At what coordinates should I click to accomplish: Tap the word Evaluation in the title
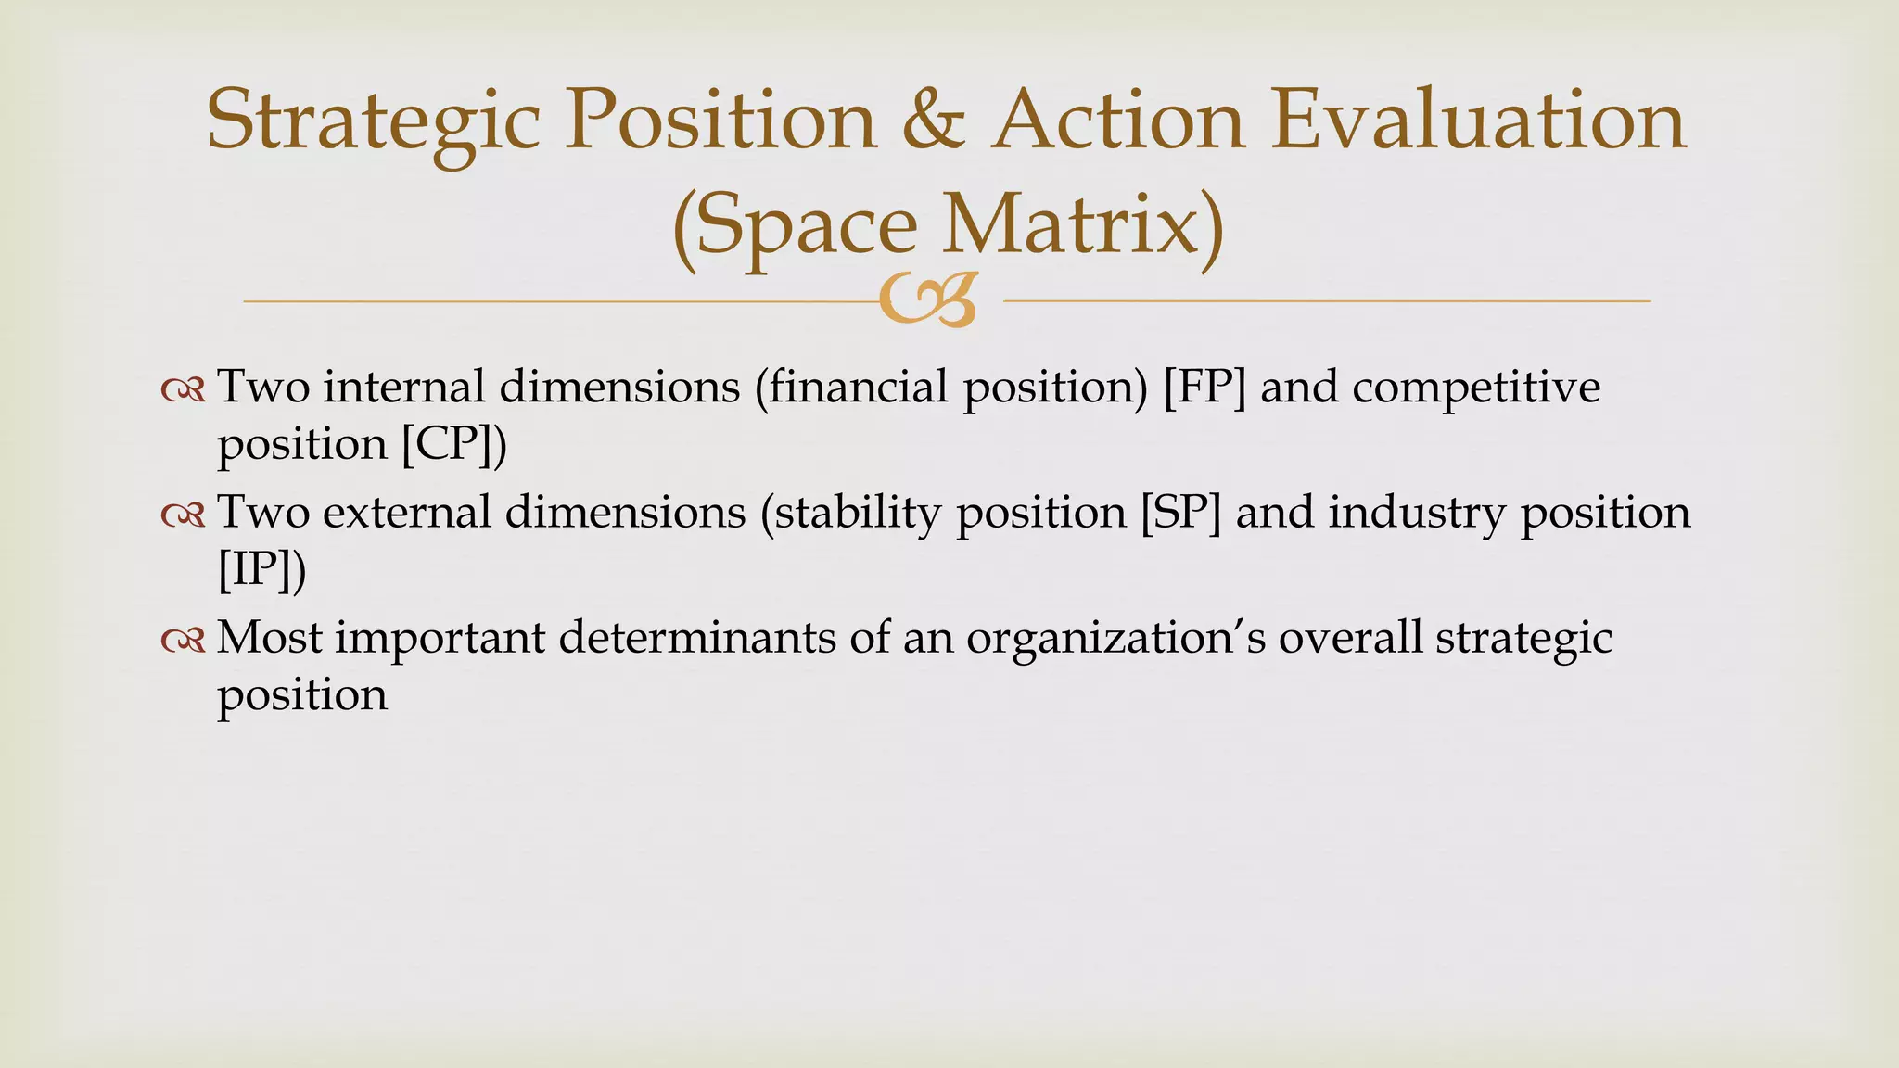[x=1478, y=121]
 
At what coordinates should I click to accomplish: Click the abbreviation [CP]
[x=448, y=443]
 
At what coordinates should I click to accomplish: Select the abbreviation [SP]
[x=1180, y=513]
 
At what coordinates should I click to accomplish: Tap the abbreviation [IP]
[x=255, y=569]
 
